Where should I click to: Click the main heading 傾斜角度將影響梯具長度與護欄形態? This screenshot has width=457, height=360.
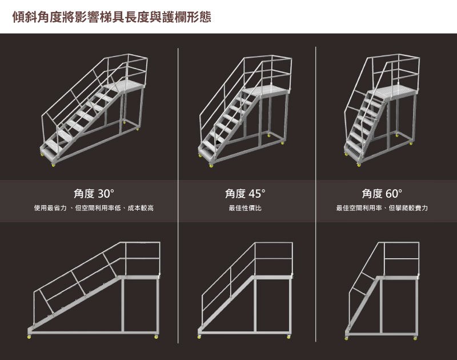point(111,17)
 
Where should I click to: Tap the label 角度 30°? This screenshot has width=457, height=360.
point(94,194)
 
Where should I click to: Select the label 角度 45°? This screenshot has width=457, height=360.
point(245,194)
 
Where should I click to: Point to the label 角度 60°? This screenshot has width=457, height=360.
point(382,194)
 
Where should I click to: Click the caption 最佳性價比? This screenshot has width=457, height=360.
point(245,208)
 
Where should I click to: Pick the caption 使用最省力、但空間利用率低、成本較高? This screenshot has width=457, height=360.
point(94,208)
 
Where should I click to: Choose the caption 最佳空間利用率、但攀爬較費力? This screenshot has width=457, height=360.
point(382,208)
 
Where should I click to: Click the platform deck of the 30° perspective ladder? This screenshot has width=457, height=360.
point(125,85)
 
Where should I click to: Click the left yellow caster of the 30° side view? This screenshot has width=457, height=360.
point(29,337)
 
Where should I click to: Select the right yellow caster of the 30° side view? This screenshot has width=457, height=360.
point(156,337)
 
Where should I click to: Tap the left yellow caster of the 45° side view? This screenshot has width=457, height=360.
point(199,337)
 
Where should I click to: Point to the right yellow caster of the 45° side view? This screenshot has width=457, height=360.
point(288,337)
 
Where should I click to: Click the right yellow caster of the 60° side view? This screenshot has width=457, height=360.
point(415,338)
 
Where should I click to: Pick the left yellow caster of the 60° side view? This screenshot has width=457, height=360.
point(347,338)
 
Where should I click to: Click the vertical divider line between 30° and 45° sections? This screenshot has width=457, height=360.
point(178,195)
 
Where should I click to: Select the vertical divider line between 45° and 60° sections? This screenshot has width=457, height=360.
point(316,194)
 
